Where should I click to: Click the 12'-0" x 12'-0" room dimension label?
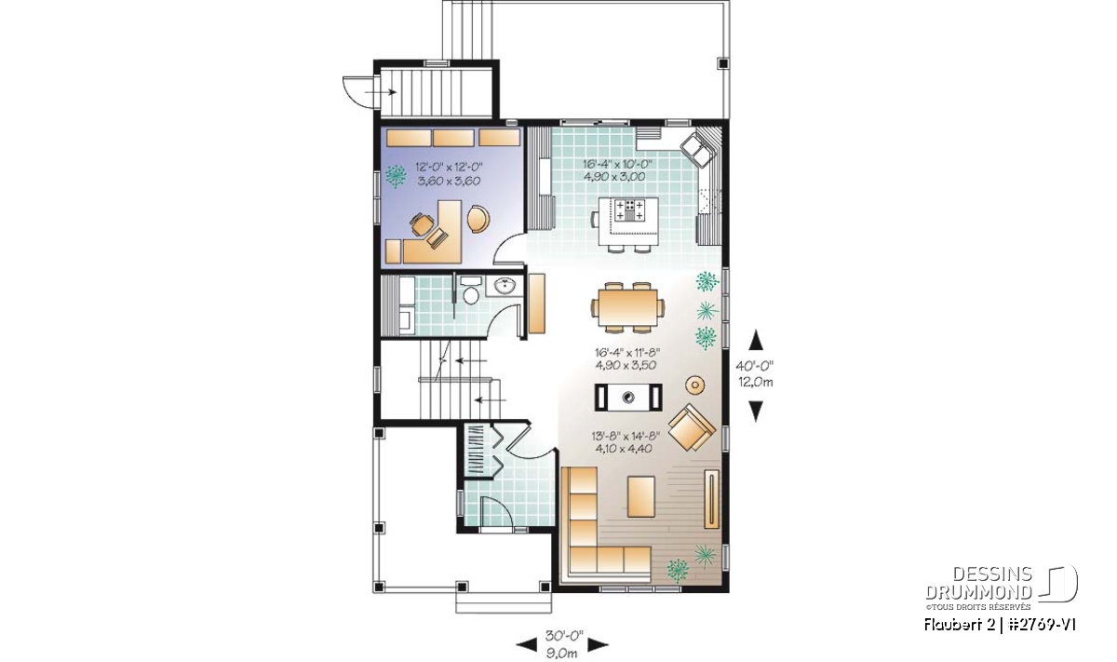pos(450,167)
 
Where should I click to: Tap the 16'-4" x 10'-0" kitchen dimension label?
pos(617,163)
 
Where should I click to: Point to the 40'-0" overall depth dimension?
pos(755,365)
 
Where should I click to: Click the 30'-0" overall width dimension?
pos(564,636)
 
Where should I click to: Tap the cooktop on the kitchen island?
pos(630,209)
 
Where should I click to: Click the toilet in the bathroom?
pos(470,290)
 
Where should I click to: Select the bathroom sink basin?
pos(505,286)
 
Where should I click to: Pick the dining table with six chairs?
pos(627,307)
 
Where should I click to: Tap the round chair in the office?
pos(478,219)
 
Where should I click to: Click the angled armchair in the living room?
pos(692,427)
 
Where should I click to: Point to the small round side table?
pos(694,385)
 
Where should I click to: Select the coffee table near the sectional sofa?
pos(640,496)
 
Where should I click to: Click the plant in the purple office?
pos(397,176)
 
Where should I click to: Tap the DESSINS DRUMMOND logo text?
pos(979,583)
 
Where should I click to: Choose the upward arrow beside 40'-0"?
pos(757,340)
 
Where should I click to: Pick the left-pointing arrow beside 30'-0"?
pos(527,645)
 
